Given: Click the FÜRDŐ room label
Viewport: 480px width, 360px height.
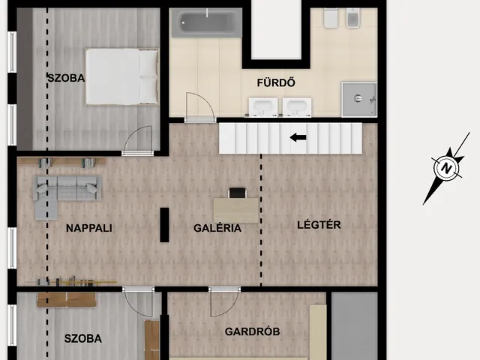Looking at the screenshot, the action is point(276,82).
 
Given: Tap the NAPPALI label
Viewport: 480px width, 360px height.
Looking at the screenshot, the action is point(89,228).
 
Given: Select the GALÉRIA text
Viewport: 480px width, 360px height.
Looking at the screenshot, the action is point(217,228).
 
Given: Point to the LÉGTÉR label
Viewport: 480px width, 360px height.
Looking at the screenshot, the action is point(319,225).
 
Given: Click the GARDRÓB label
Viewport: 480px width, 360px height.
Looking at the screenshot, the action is point(252,331).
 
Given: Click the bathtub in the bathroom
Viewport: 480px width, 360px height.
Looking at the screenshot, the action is point(207,23).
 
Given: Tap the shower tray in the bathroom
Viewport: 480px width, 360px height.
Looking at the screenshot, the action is point(359,99).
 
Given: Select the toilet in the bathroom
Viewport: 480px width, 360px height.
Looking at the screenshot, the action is point(331,18).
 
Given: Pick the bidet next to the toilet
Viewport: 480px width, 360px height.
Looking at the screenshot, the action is point(353,18).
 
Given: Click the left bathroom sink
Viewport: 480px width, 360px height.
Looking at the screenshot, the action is point(263,107).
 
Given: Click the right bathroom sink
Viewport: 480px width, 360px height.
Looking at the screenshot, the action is point(297,107).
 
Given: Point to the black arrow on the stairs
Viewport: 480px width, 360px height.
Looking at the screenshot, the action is point(298,138).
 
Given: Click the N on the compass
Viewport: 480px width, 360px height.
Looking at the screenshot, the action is point(447,168).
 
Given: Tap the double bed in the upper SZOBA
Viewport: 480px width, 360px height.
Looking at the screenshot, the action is point(122,76).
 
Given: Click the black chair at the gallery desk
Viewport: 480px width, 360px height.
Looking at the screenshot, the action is point(238,193).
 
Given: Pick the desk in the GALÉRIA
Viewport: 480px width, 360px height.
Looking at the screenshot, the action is point(236,210).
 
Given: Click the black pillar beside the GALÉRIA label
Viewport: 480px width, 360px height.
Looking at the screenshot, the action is point(164,225).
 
